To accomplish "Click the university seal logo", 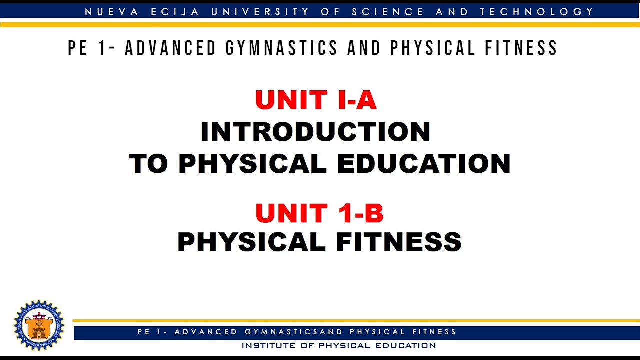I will pyautogui.click(x=39, y=325).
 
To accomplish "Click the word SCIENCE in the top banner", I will pyautogui.click(x=387, y=11).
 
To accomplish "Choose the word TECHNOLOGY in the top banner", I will pyautogui.click(x=537, y=11).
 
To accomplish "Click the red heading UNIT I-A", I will pyautogui.click(x=316, y=100).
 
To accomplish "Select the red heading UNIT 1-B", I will pyautogui.click(x=319, y=213).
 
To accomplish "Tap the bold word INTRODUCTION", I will pyautogui.click(x=315, y=132).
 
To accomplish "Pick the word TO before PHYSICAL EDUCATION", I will pyautogui.click(x=149, y=163).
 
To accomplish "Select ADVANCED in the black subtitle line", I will pyautogui.click(x=170, y=48).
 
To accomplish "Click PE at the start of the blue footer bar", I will pyautogui.click(x=143, y=332).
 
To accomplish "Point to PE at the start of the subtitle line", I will pyautogui.click(x=79, y=48).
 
